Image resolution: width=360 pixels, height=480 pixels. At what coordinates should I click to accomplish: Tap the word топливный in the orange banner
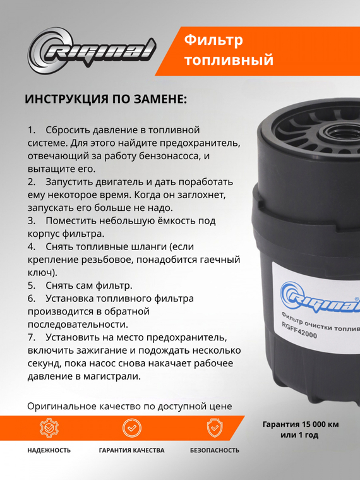(228, 61)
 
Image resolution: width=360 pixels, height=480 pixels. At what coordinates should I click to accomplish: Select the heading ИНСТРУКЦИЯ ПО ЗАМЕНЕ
(105, 100)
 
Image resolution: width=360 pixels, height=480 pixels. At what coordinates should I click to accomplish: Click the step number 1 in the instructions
(31, 129)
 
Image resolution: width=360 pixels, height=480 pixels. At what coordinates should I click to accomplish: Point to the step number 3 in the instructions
(31, 221)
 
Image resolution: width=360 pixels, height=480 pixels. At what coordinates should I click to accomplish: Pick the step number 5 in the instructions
(31, 285)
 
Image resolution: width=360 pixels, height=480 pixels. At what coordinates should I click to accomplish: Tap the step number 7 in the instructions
(31, 337)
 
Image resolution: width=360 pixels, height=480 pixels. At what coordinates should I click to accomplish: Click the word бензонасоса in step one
(174, 155)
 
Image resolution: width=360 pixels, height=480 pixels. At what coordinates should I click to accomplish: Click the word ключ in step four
(41, 273)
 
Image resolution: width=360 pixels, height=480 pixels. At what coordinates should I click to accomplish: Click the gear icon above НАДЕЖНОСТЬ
(49, 428)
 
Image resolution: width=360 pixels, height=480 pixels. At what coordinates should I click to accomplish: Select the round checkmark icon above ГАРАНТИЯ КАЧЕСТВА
(131, 428)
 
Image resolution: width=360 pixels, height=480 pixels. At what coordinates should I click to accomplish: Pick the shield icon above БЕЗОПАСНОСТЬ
(215, 428)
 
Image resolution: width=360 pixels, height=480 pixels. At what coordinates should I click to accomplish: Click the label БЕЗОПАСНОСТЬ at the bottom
(215, 450)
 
